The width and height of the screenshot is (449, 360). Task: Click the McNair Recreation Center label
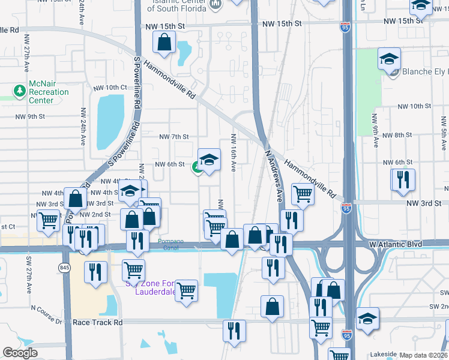(x=49, y=92)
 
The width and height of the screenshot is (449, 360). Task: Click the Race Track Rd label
(x=97, y=322)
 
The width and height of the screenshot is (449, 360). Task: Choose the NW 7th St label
(x=173, y=137)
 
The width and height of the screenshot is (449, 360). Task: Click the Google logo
(x=20, y=353)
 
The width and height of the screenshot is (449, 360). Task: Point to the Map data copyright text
(x=423, y=355)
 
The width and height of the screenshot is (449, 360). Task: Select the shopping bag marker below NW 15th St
(x=164, y=42)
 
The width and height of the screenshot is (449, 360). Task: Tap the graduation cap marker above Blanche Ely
(x=389, y=59)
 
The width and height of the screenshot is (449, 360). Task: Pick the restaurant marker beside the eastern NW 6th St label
(x=402, y=179)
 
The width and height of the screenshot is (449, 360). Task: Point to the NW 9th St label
(x=40, y=116)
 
